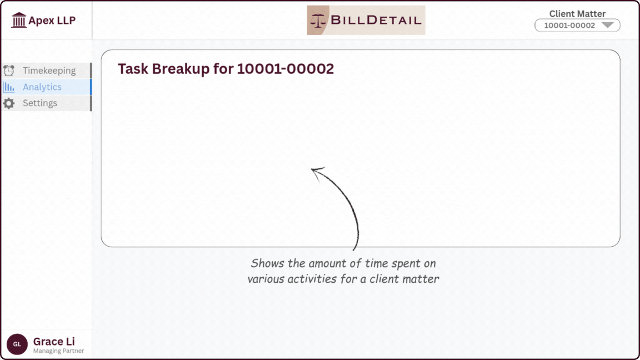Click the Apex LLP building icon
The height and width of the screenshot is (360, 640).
[x=19, y=21]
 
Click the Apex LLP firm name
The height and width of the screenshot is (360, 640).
[x=52, y=21]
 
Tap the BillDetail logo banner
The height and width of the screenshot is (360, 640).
[x=366, y=21]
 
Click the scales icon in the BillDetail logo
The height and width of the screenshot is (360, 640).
[x=319, y=21]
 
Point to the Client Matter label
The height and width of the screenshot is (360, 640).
[x=577, y=14]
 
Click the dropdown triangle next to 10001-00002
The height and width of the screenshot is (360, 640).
[x=607, y=25]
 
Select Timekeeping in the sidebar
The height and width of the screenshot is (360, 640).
[x=49, y=71]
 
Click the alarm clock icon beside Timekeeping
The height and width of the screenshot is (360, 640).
[x=9, y=71]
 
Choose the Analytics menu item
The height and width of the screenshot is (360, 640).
[x=42, y=87]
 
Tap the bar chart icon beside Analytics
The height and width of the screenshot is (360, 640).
[x=9, y=87]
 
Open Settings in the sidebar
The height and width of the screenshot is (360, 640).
[x=40, y=103]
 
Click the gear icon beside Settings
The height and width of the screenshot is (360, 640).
[x=9, y=103]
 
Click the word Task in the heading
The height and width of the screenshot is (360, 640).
[x=133, y=69]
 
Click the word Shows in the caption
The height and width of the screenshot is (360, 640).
[x=267, y=263]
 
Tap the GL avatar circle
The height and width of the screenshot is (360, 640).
[x=17, y=344]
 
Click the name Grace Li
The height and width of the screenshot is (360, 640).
[x=54, y=342]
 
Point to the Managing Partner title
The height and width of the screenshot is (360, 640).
[x=58, y=351]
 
